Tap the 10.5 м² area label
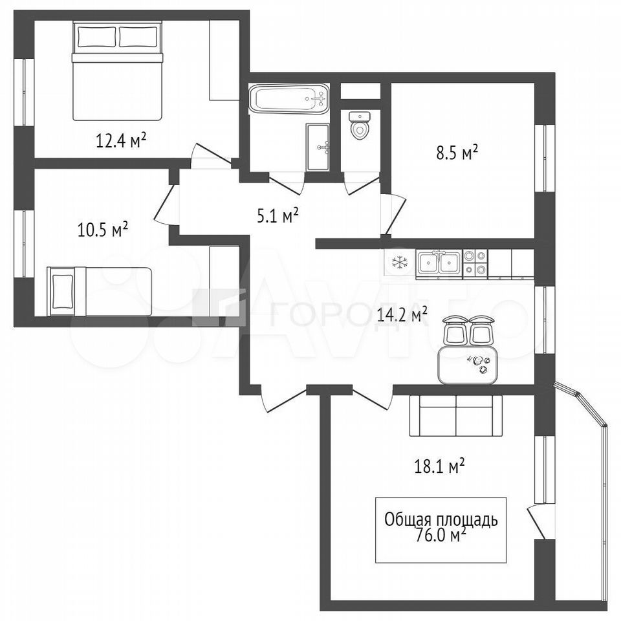[x=103, y=229]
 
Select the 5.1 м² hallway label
[x=278, y=216]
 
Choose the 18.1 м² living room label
[x=439, y=467]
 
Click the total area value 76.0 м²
[x=440, y=536]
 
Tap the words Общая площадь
[x=441, y=519]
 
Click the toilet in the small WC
[x=360, y=125]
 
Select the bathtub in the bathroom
[x=289, y=98]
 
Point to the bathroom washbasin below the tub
[x=318, y=147]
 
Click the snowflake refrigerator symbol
[x=399, y=262]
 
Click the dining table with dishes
[x=468, y=364]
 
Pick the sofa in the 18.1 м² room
[x=456, y=415]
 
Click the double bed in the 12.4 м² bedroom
[x=117, y=71]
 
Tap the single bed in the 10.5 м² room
[x=100, y=292]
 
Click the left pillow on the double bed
[x=96, y=37]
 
